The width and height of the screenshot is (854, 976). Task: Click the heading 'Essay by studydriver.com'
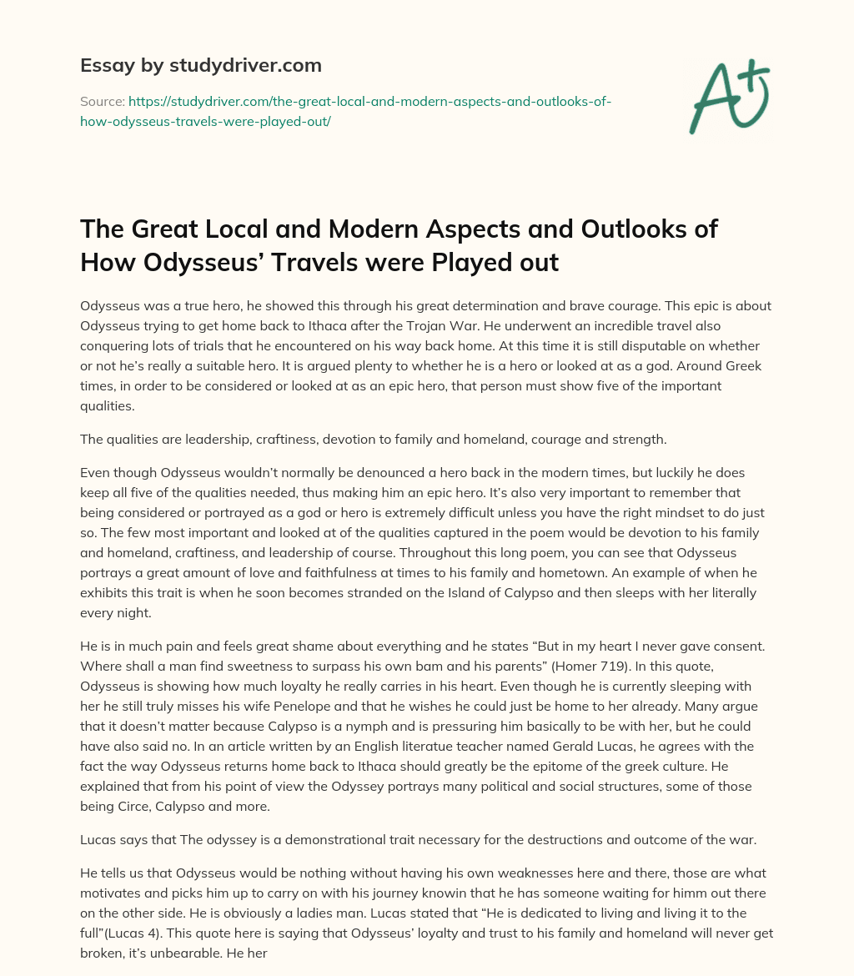click(200, 65)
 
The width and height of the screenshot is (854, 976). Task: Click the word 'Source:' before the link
click(102, 101)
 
